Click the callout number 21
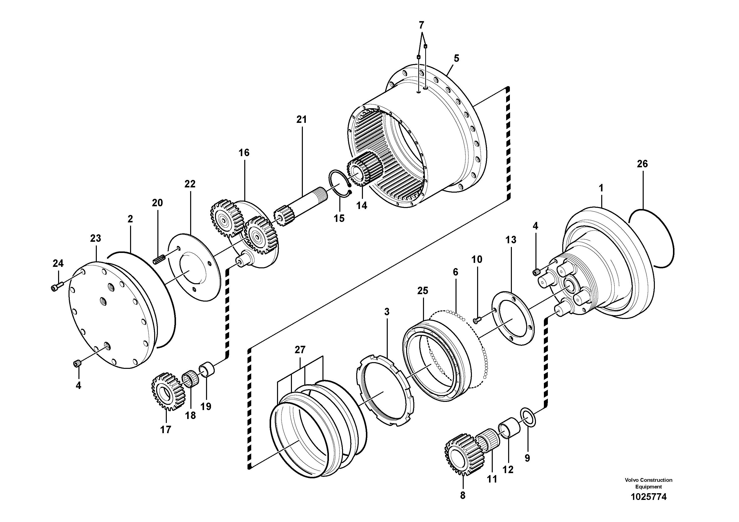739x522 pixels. pyautogui.click(x=302, y=120)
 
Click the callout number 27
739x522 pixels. pyautogui.click(x=300, y=349)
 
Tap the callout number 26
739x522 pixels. pyautogui.click(x=642, y=164)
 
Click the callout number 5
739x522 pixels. pyautogui.click(x=456, y=59)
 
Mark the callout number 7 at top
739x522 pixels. pyautogui.click(x=421, y=25)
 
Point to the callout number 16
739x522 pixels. pyautogui.click(x=244, y=153)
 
